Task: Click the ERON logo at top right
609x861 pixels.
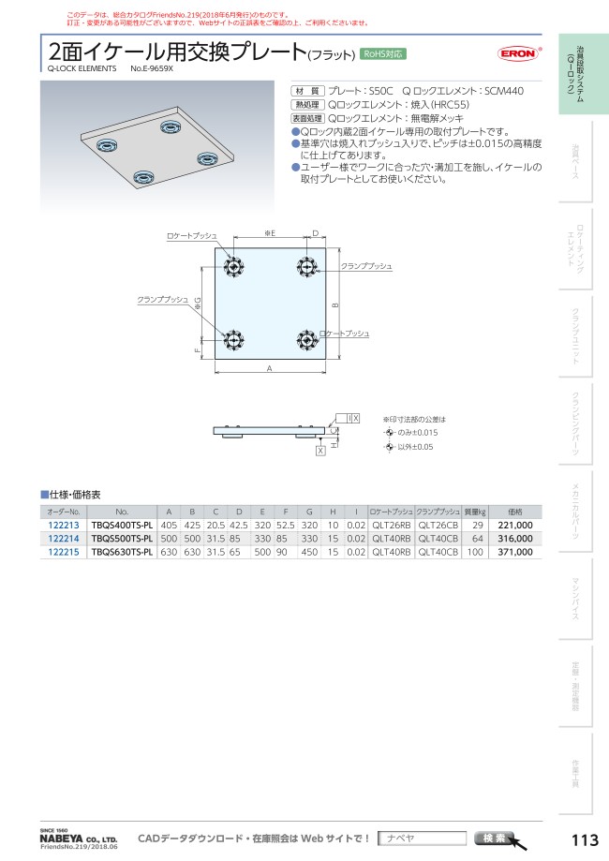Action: click(516, 54)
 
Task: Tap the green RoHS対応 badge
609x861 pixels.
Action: click(384, 54)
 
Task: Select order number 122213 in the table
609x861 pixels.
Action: click(63, 526)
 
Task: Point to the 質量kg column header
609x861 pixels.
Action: click(476, 512)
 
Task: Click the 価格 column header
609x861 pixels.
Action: click(514, 512)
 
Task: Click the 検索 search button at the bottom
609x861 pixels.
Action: click(495, 838)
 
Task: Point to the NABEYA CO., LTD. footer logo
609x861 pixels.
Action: click(78, 839)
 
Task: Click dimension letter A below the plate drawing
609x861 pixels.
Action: click(269, 369)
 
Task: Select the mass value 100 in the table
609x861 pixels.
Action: click(475, 552)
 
